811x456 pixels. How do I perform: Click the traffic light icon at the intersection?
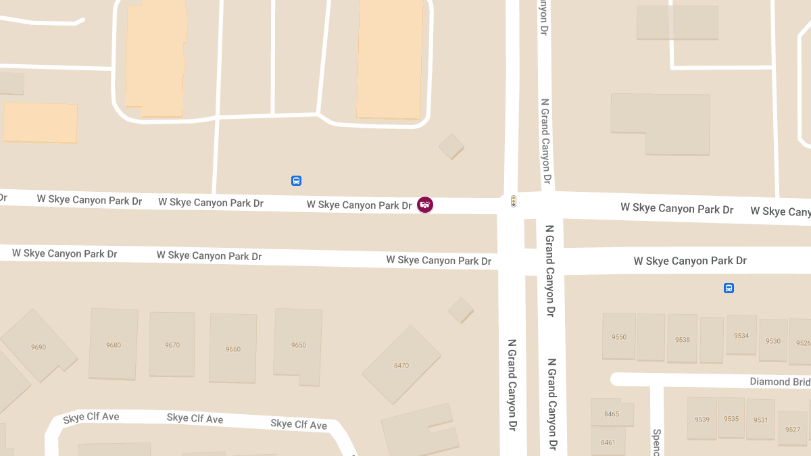pos(514,201)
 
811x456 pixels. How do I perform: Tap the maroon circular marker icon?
pos(425,205)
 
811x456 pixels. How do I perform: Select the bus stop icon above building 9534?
pos(729,288)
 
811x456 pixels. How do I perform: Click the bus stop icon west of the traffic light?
pos(296,181)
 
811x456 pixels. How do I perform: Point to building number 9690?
pos(39,347)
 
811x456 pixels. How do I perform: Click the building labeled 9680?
pos(114,345)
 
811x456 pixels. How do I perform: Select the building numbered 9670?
pos(172,345)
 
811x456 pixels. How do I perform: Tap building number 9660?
pos(233,349)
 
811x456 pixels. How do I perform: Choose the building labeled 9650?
pos(299,345)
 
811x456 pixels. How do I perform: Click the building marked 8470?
pos(401,365)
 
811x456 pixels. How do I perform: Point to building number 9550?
pos(619,337)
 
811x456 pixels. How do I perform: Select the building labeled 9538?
pos(683,340)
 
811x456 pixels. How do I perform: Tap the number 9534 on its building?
pos(741,336)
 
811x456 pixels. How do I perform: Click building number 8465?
pos(612,414)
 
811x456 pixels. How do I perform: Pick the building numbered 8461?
pos(608,442)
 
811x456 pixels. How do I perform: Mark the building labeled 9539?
pos(702,420)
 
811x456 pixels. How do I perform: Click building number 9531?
pos(761,420)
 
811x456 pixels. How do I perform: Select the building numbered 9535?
pos(731,419)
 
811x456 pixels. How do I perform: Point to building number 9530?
pos(773,341)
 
